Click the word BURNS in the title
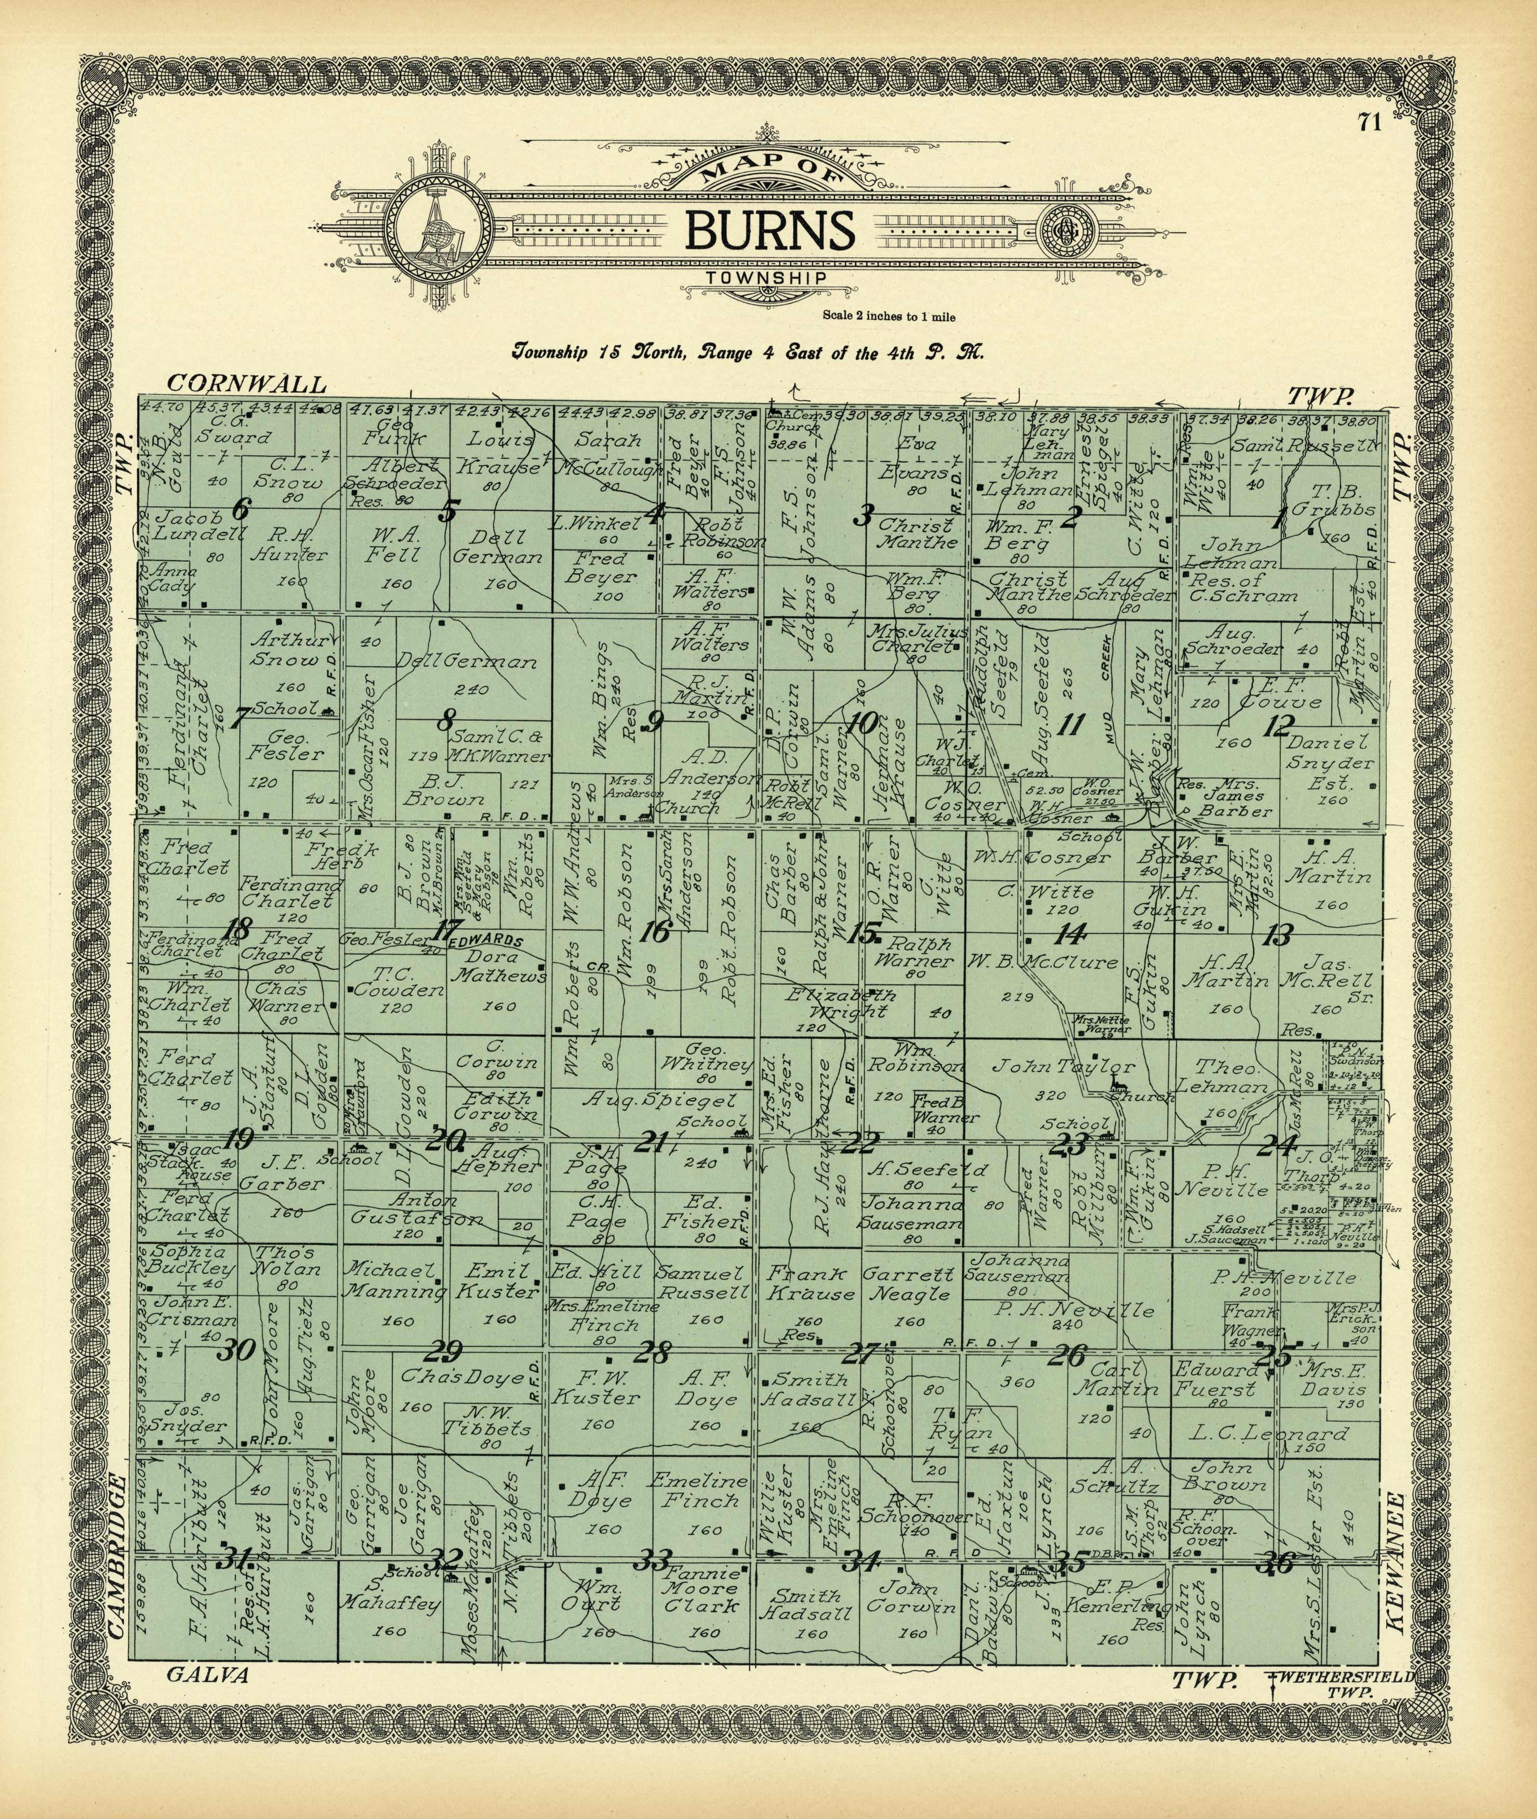point(769,228)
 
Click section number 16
point(655,933)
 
